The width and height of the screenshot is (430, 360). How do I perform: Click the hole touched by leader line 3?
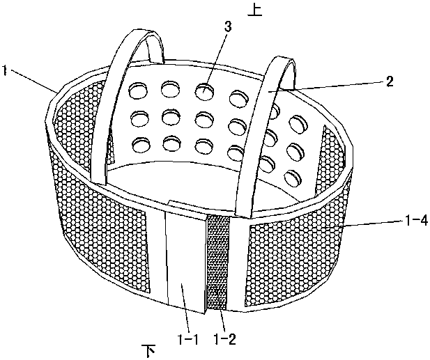204,91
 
